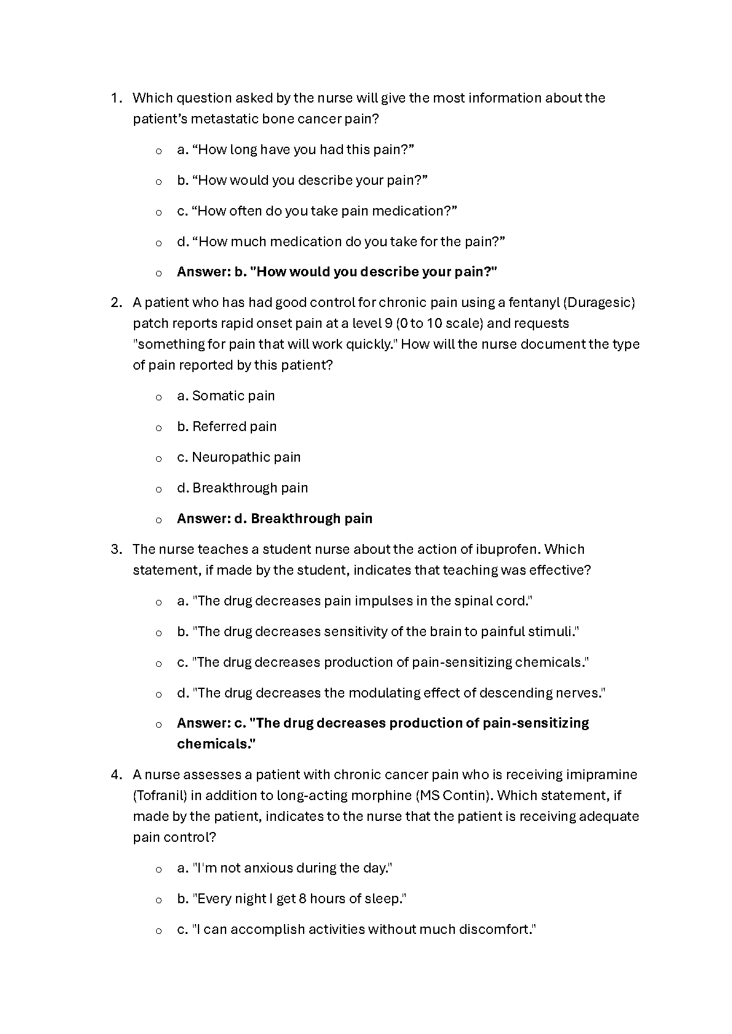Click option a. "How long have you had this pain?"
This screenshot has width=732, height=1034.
coord(295,150)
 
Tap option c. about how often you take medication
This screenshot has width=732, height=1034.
coord(317,211)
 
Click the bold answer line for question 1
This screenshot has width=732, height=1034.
coord(336,272)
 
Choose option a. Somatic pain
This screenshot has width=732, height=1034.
coord(226,396)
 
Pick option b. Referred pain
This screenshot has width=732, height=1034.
coord(226,427)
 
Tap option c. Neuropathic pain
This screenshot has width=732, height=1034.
coord(238,457)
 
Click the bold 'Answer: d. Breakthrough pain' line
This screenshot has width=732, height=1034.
coord(274,519)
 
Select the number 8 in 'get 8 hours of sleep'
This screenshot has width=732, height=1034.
coord(302,899)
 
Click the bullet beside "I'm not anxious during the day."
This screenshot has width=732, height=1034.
coord(159,869)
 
